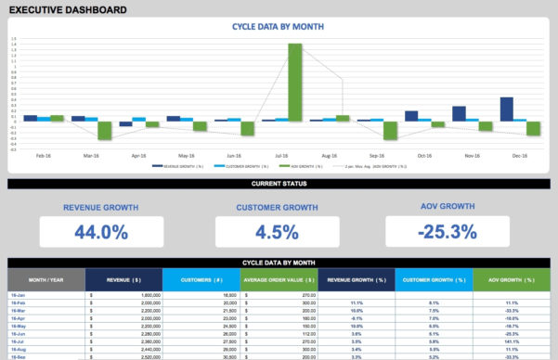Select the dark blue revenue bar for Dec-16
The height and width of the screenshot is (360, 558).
[x=506, y=109]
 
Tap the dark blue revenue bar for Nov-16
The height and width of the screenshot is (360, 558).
[x=459, y=113]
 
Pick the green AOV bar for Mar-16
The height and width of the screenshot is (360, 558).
[x=105, y=130]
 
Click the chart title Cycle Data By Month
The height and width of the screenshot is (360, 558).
[x=278, y=27]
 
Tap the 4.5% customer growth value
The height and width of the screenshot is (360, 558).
[x=278, y=232]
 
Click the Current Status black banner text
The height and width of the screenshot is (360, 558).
[x=278, y=185]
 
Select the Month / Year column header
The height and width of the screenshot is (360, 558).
[x=45, y=279]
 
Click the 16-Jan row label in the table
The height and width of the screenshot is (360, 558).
[x=17, y=295]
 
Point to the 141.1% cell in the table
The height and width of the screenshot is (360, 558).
[x=512, y=341]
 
